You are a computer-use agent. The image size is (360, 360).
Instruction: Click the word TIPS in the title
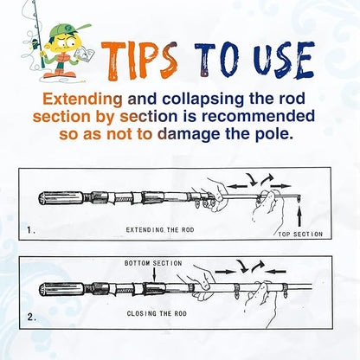[139, 61]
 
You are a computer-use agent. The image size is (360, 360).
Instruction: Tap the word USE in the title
[285, 60]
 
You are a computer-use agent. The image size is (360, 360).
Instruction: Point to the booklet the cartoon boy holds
[84, 54]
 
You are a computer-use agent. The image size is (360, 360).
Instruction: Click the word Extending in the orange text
[82, 99]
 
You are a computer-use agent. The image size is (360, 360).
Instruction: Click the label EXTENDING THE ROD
[160, 230]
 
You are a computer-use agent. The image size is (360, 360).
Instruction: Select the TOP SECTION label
[300, 235]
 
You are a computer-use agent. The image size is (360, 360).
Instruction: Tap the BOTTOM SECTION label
[153, 263]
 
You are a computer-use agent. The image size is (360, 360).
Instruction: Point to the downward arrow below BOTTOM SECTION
[155, 274]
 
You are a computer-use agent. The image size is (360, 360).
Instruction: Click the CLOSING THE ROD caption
[157, 313]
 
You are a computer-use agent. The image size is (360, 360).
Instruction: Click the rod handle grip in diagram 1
[61, 198]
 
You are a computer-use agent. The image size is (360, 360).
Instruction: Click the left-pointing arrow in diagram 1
[237, 186]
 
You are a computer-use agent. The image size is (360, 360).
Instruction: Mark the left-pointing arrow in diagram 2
[275, 271]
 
